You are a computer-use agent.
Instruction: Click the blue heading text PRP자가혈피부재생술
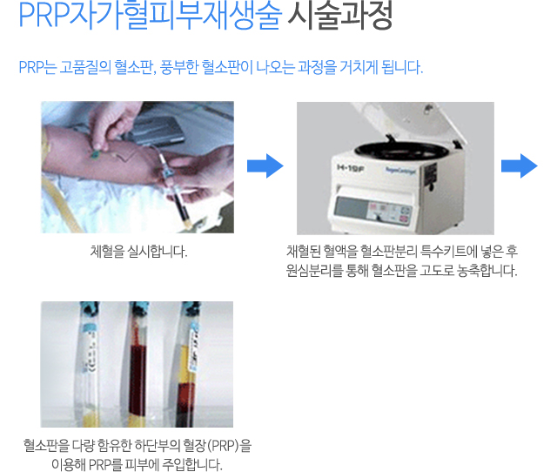tap(151, 16)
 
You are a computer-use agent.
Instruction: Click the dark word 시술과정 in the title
tap(340, 16)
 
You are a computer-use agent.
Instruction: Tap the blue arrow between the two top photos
tap(265, 166)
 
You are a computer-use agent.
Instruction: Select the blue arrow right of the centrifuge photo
tap(519, 166)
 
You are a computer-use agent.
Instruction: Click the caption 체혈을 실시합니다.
tap(138, 252)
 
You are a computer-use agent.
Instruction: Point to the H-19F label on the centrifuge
tap(350, 168)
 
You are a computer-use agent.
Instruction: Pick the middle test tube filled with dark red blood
tap(138, 364)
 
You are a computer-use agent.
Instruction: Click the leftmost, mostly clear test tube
tap(88, 364)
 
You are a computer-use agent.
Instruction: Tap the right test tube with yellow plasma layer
tap(187, 364)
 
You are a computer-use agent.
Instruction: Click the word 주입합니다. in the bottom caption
tap(192, 464)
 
